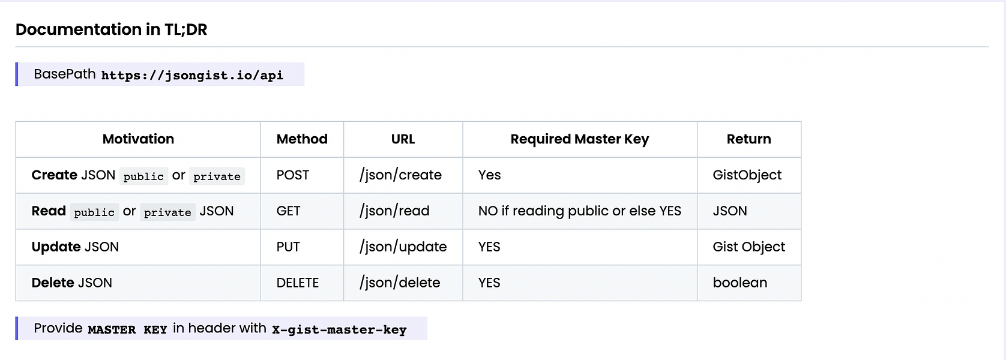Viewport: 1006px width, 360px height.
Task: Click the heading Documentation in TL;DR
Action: (112, 29)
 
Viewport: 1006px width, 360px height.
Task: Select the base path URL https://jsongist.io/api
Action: (192, 76)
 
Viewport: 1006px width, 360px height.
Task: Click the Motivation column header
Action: (138, 139)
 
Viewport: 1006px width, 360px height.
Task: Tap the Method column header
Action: (302, 139)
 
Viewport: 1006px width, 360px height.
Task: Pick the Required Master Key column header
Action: (580, 140)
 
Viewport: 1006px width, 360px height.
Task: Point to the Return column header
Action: (748, 139)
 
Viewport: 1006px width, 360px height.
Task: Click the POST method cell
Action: (293, 175)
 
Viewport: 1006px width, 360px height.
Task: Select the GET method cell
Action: (288, 211)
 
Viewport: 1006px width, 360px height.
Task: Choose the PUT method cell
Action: (288, 247)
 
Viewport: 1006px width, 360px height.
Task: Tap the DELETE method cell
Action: (297, 283)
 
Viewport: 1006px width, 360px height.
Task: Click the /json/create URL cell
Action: (400, 175)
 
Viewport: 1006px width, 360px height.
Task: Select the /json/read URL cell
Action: (394, 211)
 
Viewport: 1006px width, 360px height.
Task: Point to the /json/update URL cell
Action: (403, 247)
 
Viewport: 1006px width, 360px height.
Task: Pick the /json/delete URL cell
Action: (400, 283)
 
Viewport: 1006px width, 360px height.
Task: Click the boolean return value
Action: (740, 283)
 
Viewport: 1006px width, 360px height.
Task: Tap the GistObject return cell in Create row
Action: (747, 175)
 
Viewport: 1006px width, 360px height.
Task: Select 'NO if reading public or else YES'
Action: (580, 211)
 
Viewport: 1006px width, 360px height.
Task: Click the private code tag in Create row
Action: (217, 176)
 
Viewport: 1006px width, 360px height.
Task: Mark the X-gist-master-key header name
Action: (339, 329)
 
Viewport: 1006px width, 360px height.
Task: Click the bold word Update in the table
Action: (56, 247)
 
